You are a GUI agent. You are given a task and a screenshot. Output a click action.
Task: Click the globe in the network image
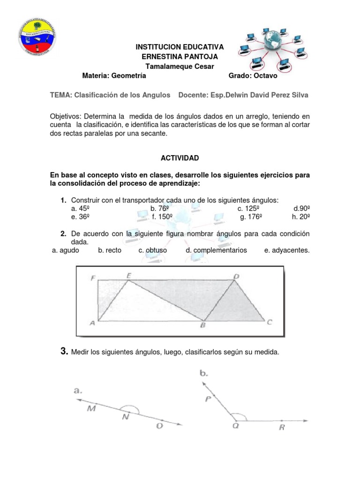pos(273,43)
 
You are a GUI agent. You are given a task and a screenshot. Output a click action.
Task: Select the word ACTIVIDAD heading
pos(180,158)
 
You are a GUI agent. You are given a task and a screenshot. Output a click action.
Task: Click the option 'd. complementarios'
pos(216,250)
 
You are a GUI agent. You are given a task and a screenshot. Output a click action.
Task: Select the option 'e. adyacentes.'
pos(287,250)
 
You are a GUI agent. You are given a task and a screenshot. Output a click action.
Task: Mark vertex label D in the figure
pos(237,277)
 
